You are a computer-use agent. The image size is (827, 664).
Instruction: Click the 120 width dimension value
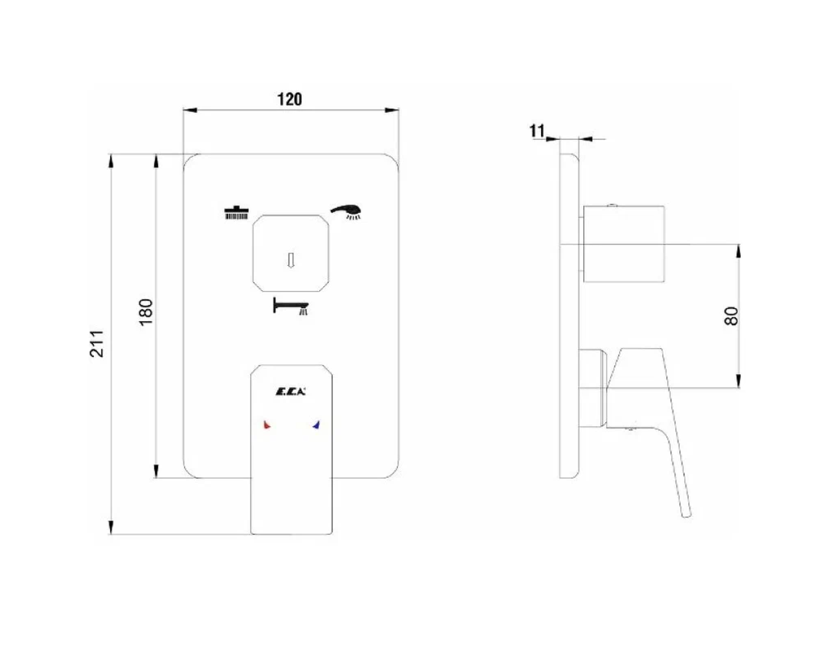pyautogui.click(x=290, y=100)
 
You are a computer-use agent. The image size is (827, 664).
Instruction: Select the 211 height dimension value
pyautogui.click(x=97, y=344)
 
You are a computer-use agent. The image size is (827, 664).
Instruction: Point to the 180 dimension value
pyautogui.click(x=145, y=312)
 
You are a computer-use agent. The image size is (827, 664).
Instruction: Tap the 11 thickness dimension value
pyautogui.click(x=537, y=131)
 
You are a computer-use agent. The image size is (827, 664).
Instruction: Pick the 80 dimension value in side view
pyautogui.click(x=731, y=316)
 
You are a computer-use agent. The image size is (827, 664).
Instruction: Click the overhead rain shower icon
pyautogui.click(x=237, y=212)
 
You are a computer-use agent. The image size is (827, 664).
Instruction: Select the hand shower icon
pyautogui.click(x=346, y=212)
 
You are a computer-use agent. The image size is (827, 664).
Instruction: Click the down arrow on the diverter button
pyautogui.click(x=291, y=260)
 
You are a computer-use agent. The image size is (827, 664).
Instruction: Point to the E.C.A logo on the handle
pyautogui.click(x=291, y=392)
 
